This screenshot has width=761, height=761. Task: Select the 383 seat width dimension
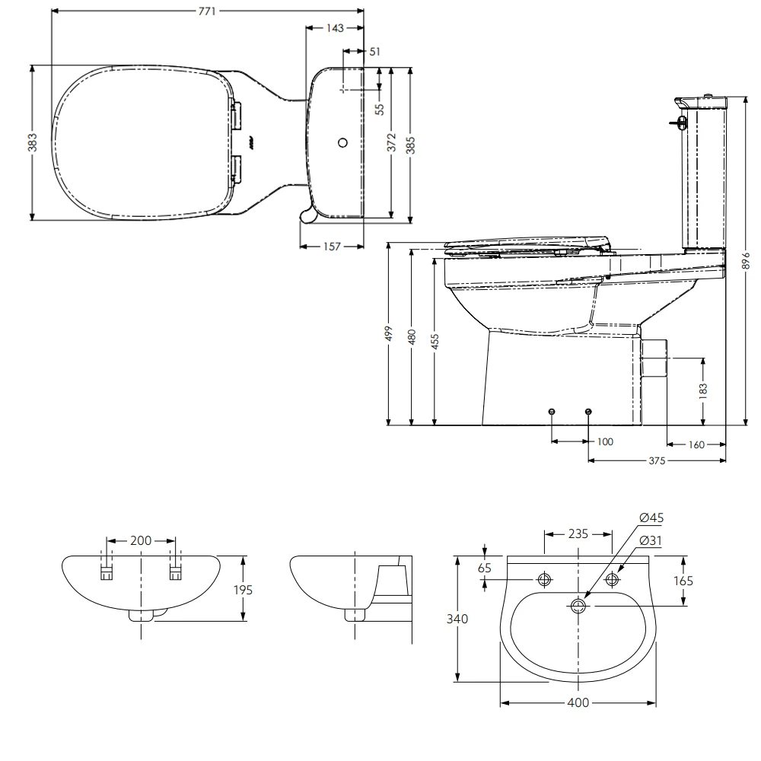pyautogui.click(x=33, y=142)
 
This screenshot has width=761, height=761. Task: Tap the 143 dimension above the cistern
pyautogui.click(x=334, y=28)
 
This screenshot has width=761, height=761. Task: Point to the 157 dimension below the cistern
pyautogui.click(x=331, y=247)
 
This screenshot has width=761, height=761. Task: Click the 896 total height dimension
pyautogui.click(x=746, y=260)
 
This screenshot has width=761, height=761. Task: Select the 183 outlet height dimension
pyautogui.click(x=702, y=390)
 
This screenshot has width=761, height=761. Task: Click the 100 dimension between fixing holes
pyautogui.click(x=604, y=441)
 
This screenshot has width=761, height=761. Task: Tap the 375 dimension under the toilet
pyautogui.click(x=657, y=460)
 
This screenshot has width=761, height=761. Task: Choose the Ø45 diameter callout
pyautogui.click(x=651, y=517)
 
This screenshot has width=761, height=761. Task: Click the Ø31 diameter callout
pyautogui.click(x=651, y=540)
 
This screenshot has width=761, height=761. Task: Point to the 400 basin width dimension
pyautogui.click(x=578, y=702)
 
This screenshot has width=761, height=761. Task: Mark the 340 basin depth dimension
pyautogui.click(x=459, y=618)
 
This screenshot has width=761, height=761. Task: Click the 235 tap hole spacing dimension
pyautogui.click(x=578, y=533)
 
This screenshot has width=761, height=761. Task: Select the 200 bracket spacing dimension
pyautogui.click(x=141, y=540)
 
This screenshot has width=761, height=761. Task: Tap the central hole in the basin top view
pyautogui.click(x=578, y=606)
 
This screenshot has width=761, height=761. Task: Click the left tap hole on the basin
pyautogui.click(x=545, y=580)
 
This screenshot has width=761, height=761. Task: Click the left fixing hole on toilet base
pyautogui.click(x=552, y=412)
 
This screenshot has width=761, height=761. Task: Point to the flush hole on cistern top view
pyautogui.click(x=342, y=142)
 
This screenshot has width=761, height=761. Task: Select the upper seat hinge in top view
pyautogui.click(x=236, y=115)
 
